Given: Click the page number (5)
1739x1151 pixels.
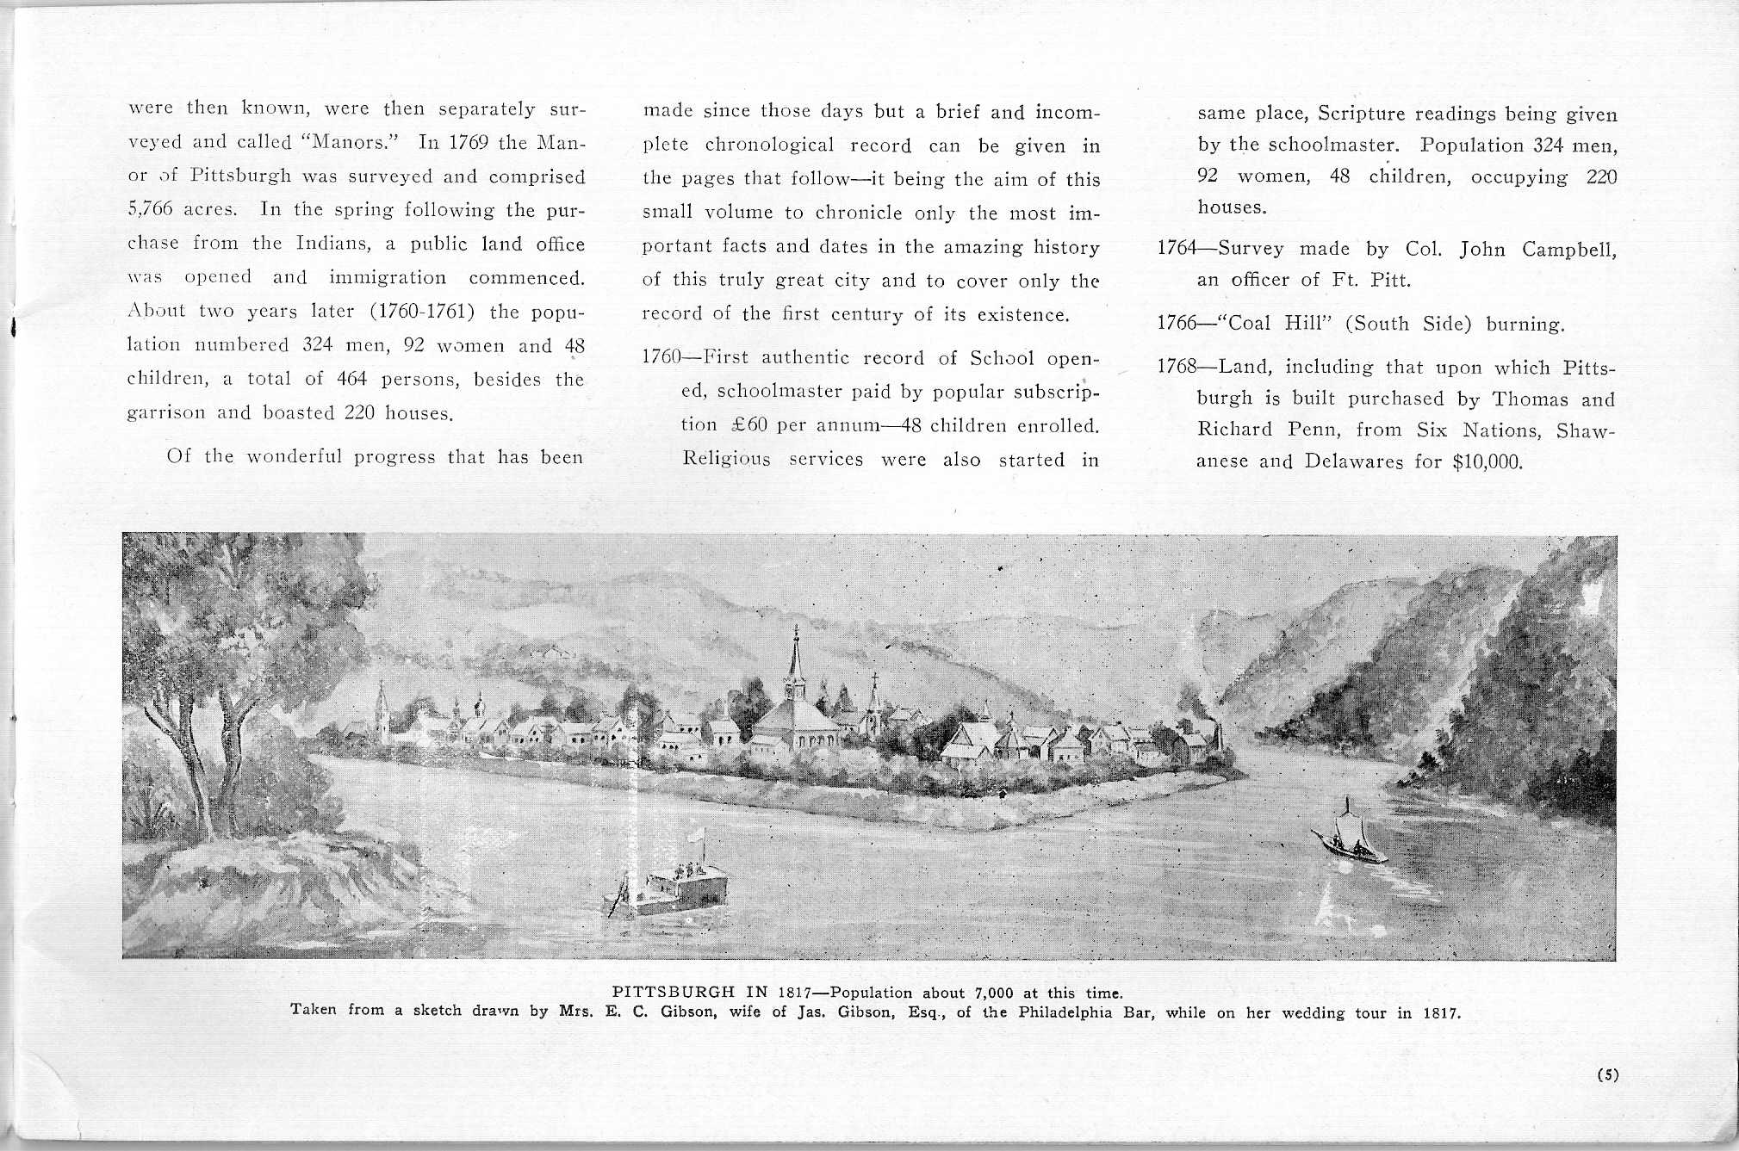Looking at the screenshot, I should pos(1607,1074).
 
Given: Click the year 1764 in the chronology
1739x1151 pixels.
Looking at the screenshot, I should pos(1176,250).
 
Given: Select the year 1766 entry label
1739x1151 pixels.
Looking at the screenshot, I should pos(1176,325).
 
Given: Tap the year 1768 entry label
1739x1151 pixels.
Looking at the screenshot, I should pos(1176,368).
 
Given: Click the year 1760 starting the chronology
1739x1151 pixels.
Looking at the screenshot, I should pos(661,358).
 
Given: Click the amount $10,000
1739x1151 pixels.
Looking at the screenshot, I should pos(1487,461).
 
